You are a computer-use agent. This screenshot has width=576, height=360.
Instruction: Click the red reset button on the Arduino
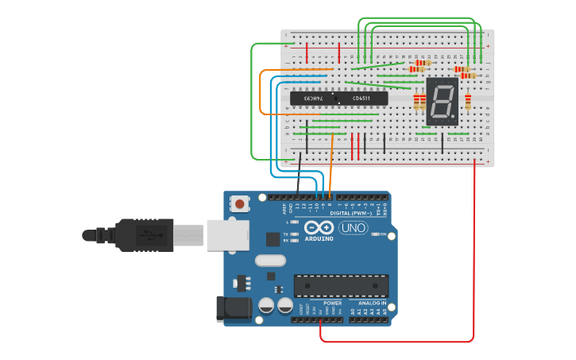click(x=240, y=204)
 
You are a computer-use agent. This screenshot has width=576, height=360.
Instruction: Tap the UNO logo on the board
click(x=353, y=228)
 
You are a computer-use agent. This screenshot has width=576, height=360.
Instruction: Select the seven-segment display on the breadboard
click(x=442, y=102)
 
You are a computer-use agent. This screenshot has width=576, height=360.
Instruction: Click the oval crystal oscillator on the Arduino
click(x=270, y=260)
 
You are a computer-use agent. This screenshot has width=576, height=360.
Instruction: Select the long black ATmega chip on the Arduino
click(x=341, y=286)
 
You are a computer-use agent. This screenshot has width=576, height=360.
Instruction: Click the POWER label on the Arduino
click(x=333, y=304)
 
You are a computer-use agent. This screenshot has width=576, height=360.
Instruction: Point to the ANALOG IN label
click(x=372, y=304)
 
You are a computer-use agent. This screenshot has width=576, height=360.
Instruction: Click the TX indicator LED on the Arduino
click(x=295, y=234)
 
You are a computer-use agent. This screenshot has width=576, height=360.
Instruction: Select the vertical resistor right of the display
click(x=468, y=101)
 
